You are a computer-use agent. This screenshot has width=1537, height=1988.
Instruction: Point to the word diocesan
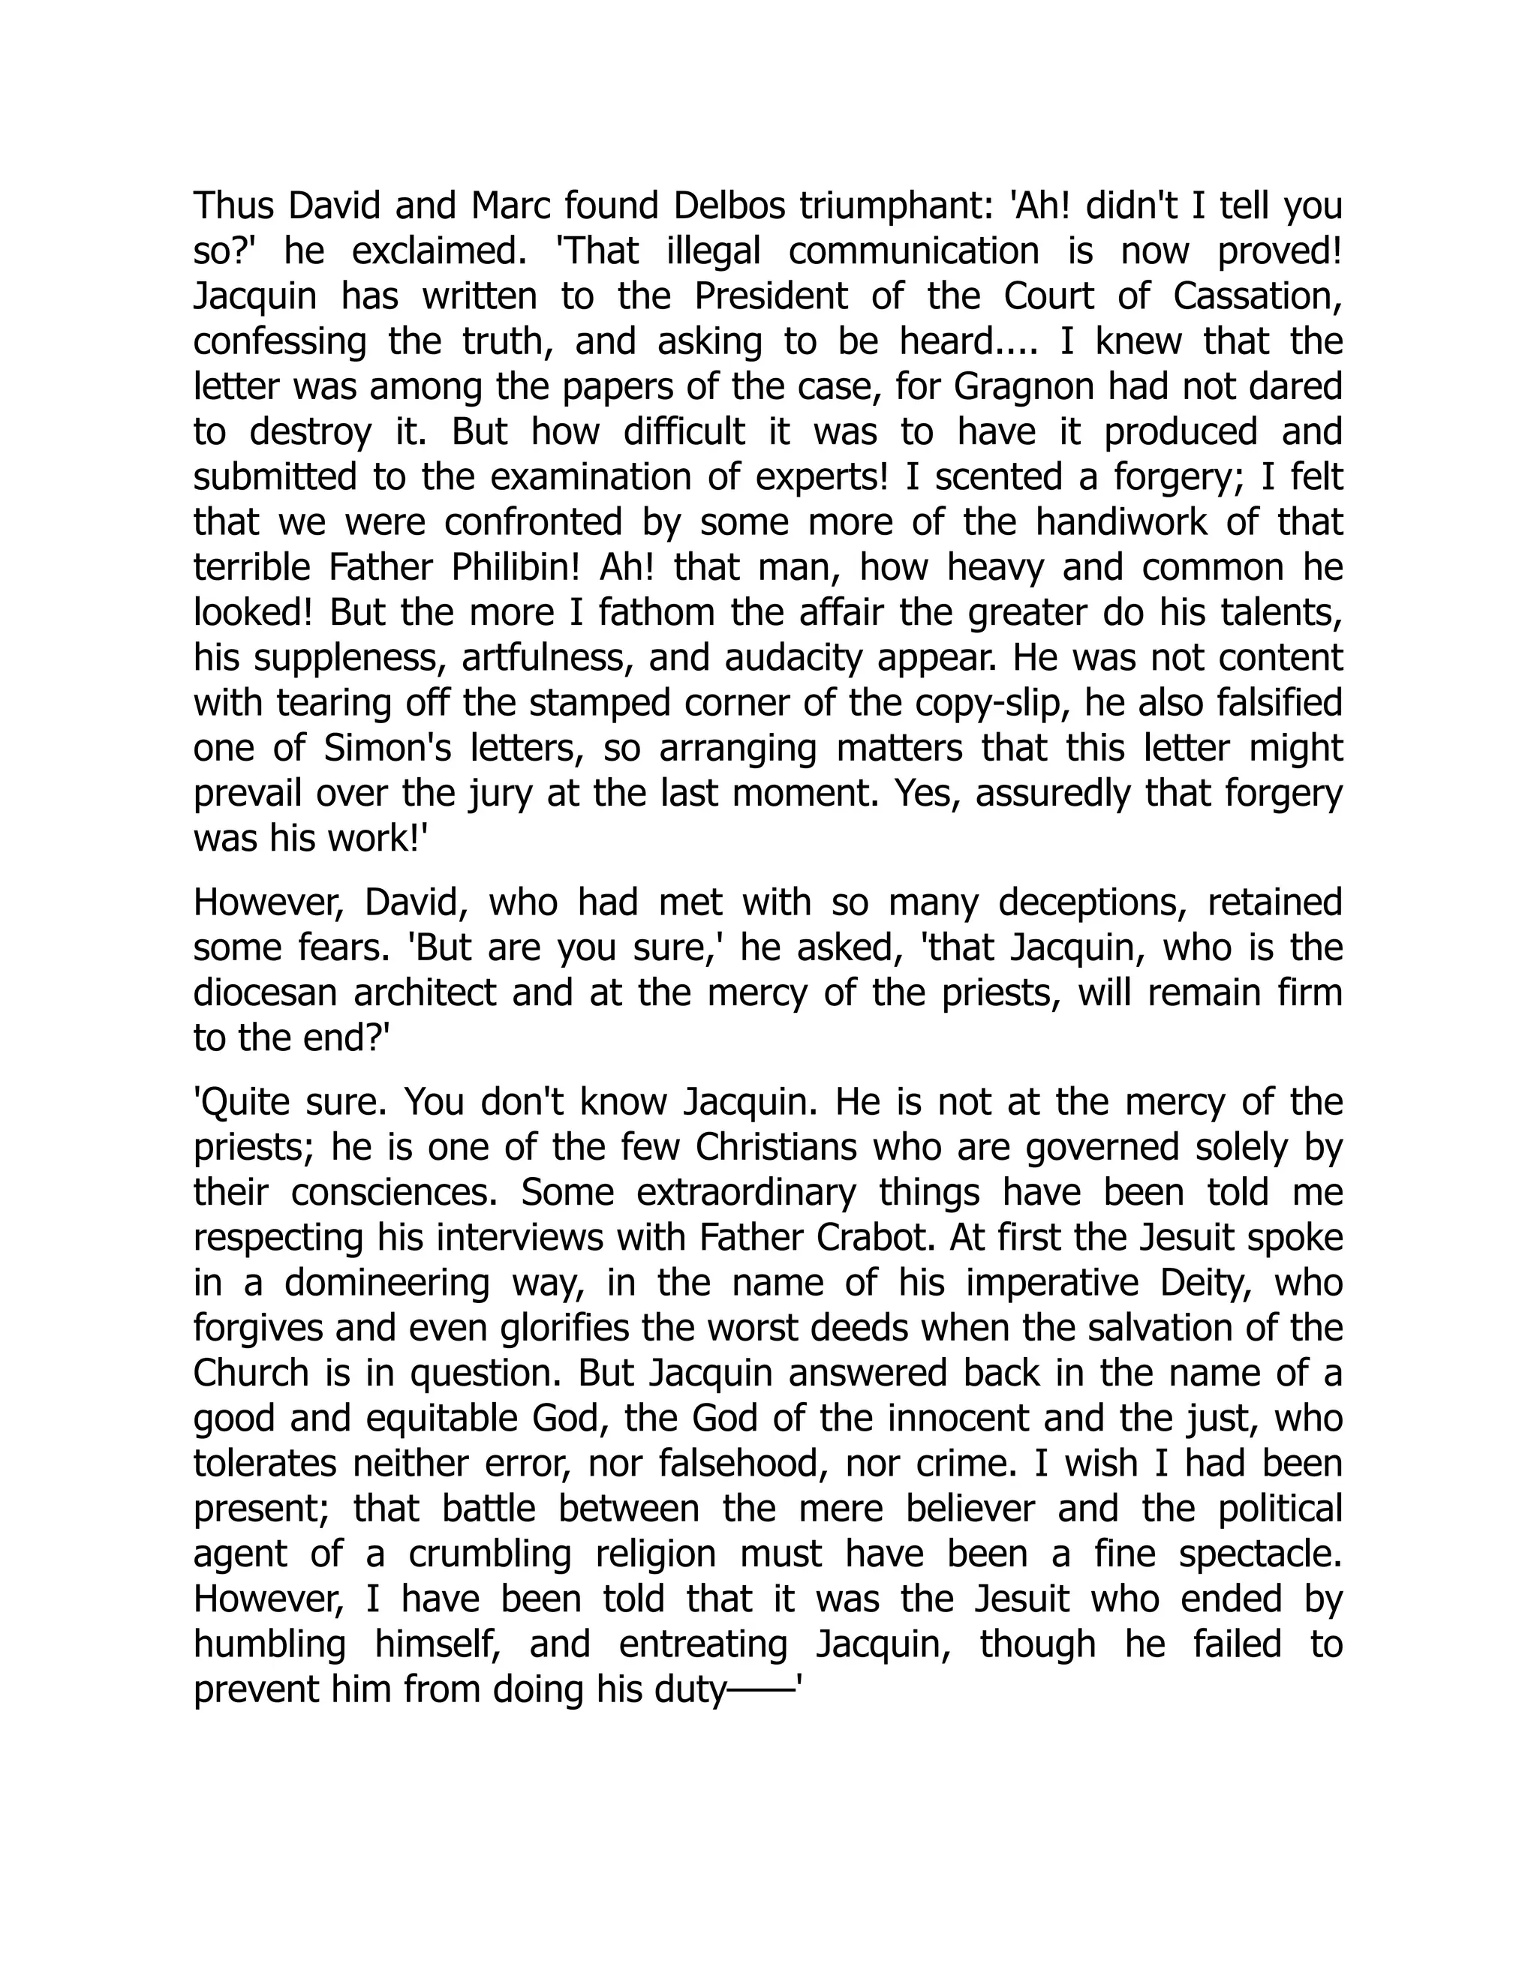(266, 992)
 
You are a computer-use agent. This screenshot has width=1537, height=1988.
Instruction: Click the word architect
(426, 992)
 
